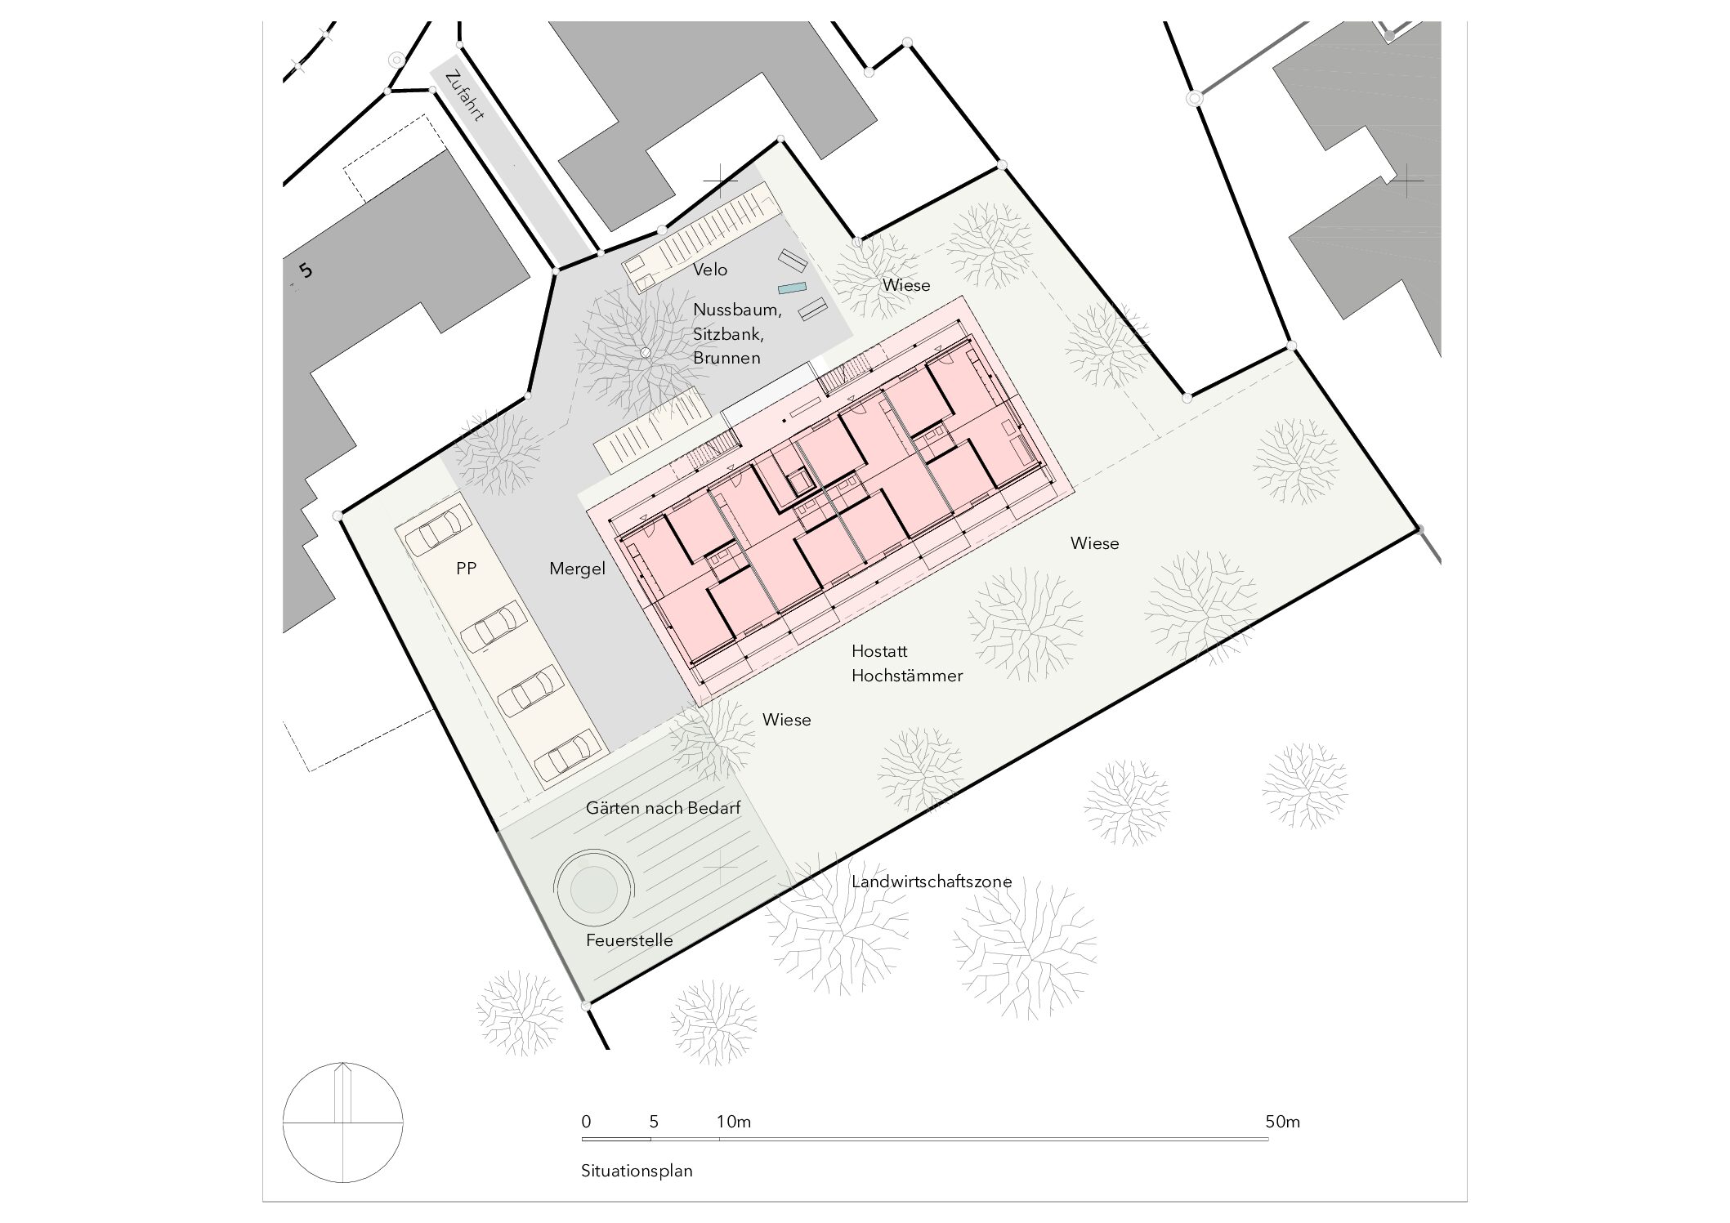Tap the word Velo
pos(710,270)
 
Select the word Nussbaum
pos(737,310)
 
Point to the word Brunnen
pos(726,358)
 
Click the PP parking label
pos(466,569)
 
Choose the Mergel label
pos(577,569)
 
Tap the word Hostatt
pos(879,651)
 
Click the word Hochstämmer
pos(907,676)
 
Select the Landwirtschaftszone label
pos(932,882)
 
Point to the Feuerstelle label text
pos(629,940)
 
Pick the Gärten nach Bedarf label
pos(663,808)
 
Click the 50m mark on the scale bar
pos(1282,1122)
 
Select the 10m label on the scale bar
pos(734,1122)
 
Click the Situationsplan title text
pos(637,1171)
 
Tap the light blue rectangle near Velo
pos(792,288)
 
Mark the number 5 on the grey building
pos(306,270)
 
